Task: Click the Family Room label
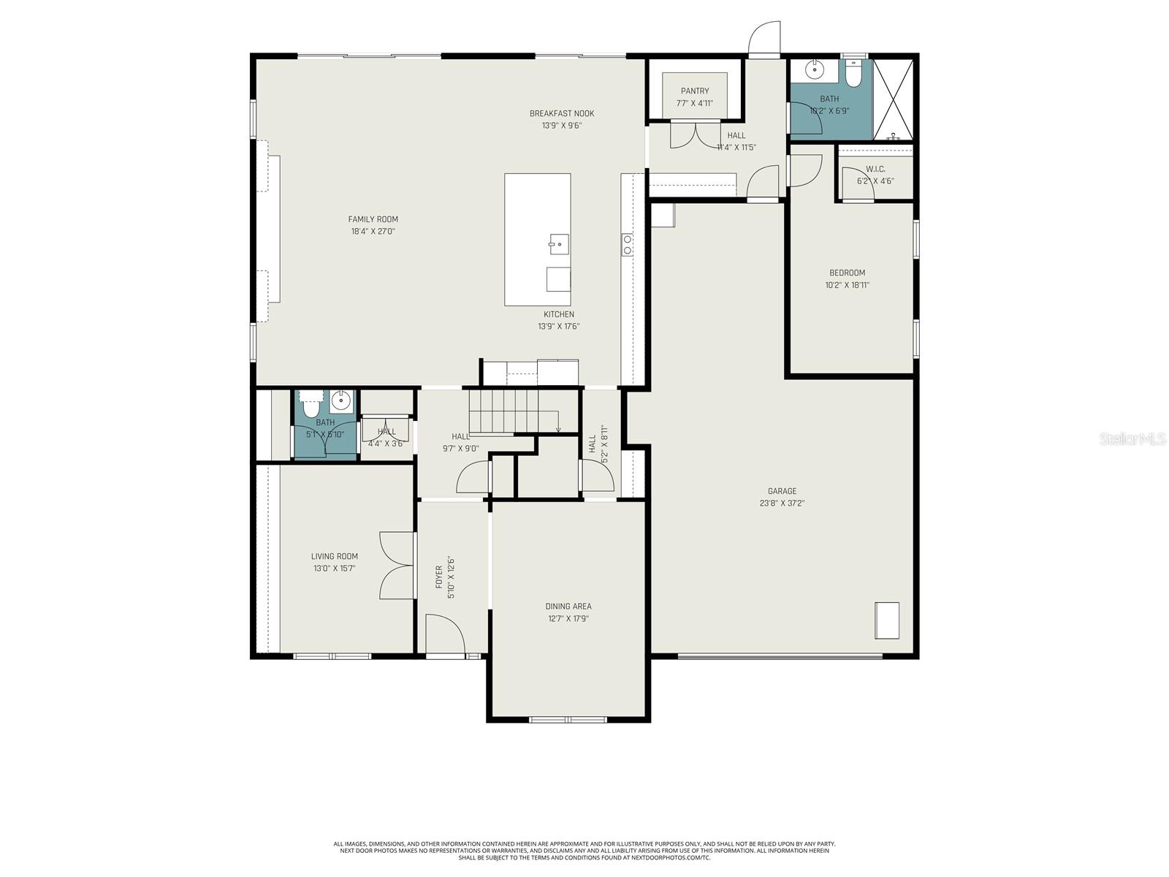click(373, 219)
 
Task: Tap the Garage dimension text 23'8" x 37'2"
click(782, 503)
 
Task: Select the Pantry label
click(695, 91)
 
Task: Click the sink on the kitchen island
click(559, 244)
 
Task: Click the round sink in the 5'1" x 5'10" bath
click(340, 400)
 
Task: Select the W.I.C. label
click(875, 169)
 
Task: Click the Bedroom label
click(847, 273)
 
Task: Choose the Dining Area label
click(568, 606)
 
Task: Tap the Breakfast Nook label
click(562, 113)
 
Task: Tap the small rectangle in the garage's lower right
click(887, 620)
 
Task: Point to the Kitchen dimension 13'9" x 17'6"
click(559, 327)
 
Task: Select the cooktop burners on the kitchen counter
click(627, 245)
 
